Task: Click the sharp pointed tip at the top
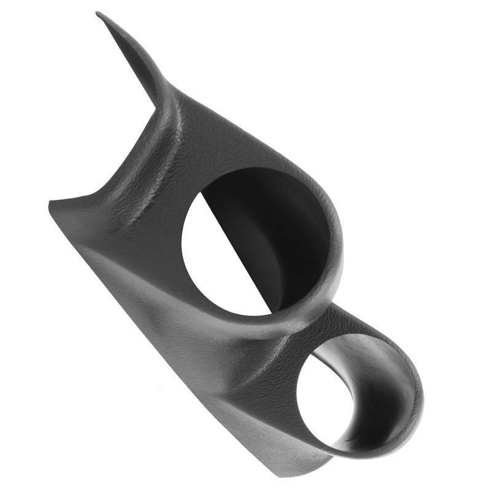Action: point(98,14)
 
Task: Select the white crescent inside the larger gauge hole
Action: point(215,252)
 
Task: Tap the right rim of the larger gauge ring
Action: point(338,246)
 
